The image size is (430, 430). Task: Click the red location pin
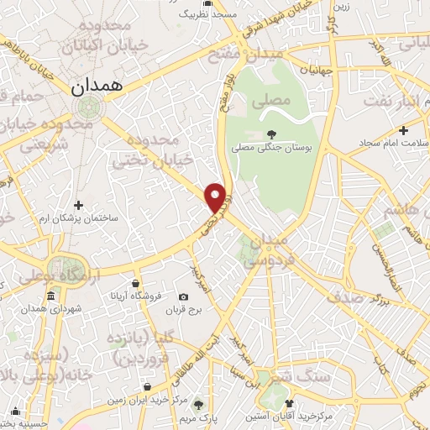coord(217,197)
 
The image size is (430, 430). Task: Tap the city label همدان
coord(97,84)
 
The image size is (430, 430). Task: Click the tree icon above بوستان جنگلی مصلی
coord(270,134)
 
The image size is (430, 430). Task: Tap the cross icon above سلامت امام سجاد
coord(404,130)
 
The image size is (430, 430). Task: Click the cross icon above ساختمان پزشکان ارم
coord(78,204)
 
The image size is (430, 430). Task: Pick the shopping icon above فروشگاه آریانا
coord(134,283)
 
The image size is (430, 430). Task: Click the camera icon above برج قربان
coord(184,296)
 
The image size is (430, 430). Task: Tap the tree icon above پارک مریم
coord(199,402)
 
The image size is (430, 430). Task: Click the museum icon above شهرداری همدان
coord(51,296)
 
